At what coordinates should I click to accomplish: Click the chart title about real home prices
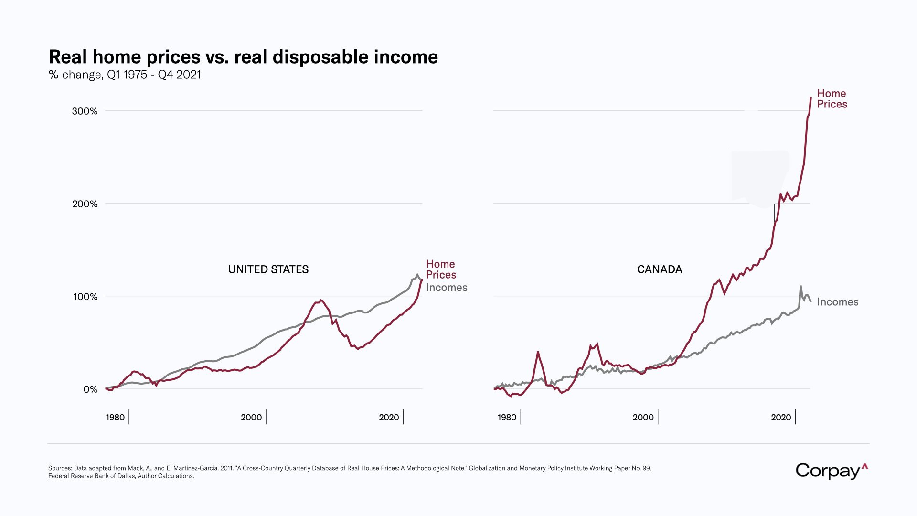(243, 57)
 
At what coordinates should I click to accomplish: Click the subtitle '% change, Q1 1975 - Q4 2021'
(125, 75)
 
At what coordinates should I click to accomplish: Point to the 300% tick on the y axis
(85, 111)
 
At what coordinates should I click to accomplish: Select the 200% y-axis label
(85, 204)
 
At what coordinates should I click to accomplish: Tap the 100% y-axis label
(85, 297)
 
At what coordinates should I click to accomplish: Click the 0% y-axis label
(90, 389)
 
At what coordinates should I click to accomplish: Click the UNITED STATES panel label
(268, 269)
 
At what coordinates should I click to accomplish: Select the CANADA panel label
(660, 269)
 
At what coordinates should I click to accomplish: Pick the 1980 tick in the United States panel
(115, 418)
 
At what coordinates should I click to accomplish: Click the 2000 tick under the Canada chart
(643, 418)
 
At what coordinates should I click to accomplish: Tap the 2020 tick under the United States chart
(389, 418)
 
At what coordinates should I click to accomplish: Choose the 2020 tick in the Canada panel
(781, 418)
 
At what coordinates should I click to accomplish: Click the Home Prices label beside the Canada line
(832, 99)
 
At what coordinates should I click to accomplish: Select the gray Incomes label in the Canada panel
(838, 302)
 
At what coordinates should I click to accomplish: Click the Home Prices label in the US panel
(441, 269)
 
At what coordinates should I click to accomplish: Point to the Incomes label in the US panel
(447, 288)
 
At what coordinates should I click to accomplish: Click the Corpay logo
(831, 471)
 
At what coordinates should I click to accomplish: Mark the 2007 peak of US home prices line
(321, 300)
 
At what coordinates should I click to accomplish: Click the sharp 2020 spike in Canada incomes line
(800, 287)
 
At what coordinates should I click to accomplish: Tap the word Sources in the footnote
(60, 468)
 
